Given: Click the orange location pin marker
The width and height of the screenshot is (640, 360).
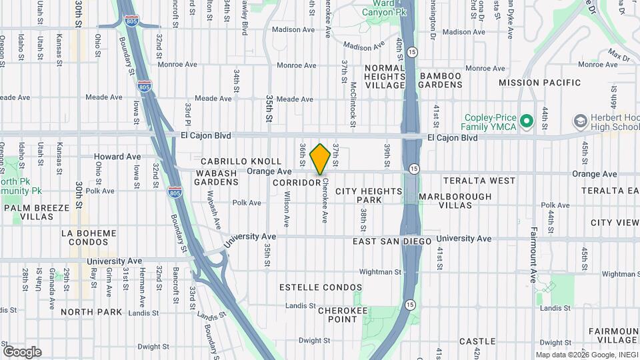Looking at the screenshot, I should pyautogui.click(x=320, y=159).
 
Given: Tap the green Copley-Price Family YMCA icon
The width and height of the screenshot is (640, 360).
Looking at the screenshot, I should pyautogui.click(x=527, y=121).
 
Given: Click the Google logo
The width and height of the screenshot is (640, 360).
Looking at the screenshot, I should pyautogui.click(x=22, y=351).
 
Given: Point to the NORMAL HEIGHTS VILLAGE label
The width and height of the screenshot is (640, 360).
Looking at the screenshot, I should pyautogui.click(x=385, y=76).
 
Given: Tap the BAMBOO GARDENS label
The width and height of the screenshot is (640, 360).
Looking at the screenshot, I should pyautogui.click(x=440, y=80).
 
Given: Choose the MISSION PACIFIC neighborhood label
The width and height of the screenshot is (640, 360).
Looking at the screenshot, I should pyautogui.click(x=539, y=83).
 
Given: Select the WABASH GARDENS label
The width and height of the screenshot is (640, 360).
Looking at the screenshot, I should pyautogui.click(x=216, y=177).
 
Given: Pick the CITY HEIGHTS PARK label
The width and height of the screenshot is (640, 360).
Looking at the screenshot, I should pyautogui.click(x=369, y=195).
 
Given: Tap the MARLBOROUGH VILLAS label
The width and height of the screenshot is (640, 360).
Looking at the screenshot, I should pyautogui.click(x=455, y=201).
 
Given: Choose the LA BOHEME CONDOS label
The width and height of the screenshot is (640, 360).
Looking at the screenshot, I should pyautogui.click(x=88, y=237).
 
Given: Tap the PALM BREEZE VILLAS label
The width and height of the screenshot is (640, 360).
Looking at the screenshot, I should pyautogui.click(x=37, y=212).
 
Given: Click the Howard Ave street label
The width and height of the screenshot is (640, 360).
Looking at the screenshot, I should pyautogui.click(x=117, y=157).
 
